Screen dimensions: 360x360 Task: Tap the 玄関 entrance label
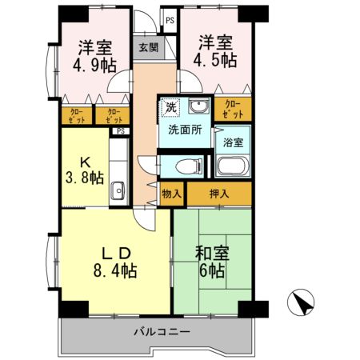[x=149, y=46]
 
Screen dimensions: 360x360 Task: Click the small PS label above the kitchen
[x=121, y=131]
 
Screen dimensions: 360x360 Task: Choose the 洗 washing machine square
[x=170, y=107]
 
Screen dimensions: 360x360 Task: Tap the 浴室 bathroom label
[x=233, y=142]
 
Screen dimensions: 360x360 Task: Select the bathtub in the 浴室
[x=234, y=166]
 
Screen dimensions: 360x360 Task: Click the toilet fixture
[x=186, y=165]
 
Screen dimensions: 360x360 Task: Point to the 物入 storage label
[x=172, y=193]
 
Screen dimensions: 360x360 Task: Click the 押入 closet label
[x=219, y=193]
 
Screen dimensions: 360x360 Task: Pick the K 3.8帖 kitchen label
[x=84, y=169]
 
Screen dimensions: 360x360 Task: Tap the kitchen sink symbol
[x=118, y=190]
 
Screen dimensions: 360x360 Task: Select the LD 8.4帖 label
[x=117, y=259]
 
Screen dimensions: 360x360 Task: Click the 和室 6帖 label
[x=213, y=262]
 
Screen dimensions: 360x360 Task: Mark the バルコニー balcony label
[x=158, y=332]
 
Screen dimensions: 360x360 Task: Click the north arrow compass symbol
[x=301, y=302]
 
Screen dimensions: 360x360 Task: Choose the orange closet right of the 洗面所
[x=233, y=108]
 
